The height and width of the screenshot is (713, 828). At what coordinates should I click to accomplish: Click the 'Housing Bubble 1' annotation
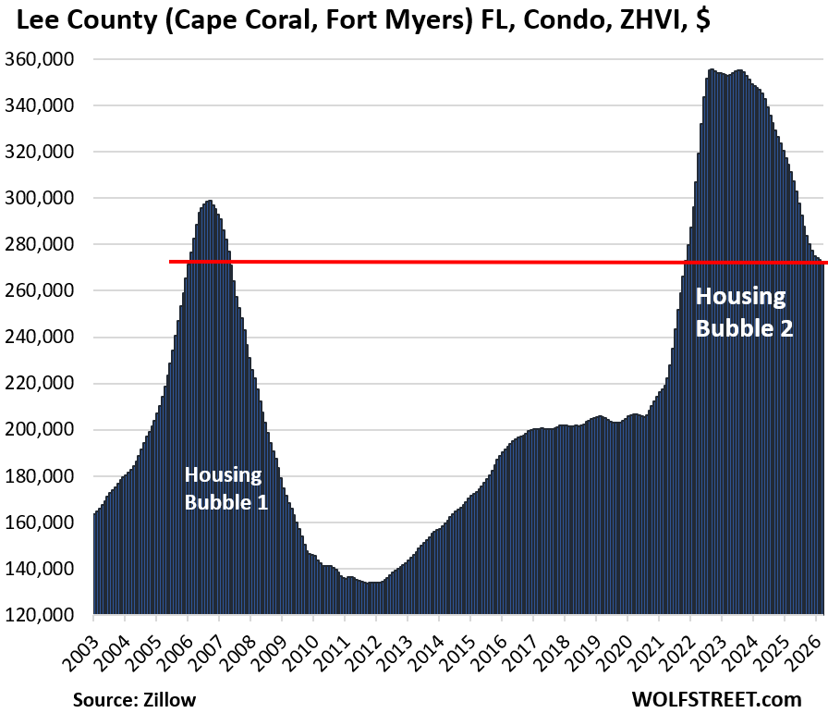pyautogui.click(x=225, y=488)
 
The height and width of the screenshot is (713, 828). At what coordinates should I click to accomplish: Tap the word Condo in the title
pyautogui.click(x=551, y=20)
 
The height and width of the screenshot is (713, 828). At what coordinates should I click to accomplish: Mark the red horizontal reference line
pyautogui.click(x=462, y=262)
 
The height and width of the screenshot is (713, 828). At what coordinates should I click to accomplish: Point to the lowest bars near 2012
pyautogui.click(x=373, y=596)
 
